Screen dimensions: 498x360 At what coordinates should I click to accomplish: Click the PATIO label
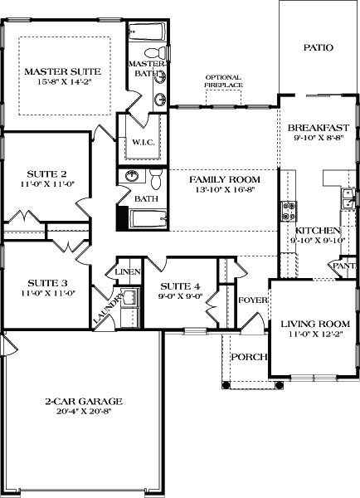pyautogui.click(x=318, y=47)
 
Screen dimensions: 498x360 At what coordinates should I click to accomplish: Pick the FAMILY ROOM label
pyautogui.click(x=224, y=179)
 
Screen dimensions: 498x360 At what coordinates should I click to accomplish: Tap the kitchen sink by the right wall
pyautogui.click(x=349, y=199)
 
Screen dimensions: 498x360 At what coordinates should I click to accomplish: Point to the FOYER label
pyautogui.click(x=251, y=300)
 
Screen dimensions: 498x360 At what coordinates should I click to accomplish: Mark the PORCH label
pyautogui.click(x=248, y=357)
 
